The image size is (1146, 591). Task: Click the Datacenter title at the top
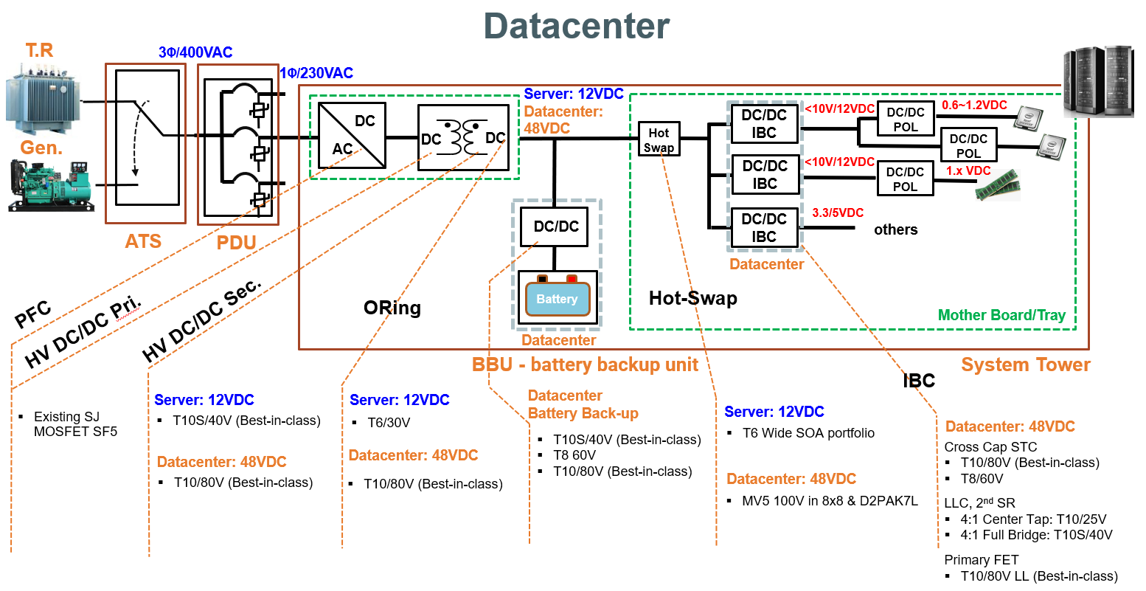[x=576, y=26]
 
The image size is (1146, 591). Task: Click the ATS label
[x=143, y=241]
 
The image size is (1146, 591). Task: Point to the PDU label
[x=236, y=243]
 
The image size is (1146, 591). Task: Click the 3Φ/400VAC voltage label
[x=195, y=52]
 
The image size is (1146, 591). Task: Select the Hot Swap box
[x=659, y=139]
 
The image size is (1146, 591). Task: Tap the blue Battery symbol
[x=557, y=299]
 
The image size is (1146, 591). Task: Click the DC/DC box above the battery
[x=556, y=227]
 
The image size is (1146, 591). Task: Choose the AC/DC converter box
[x=352, y=136]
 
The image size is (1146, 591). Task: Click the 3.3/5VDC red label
[x=838, y=212]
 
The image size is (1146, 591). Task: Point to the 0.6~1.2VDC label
[x=974, y=105]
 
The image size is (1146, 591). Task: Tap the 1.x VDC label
[x=968, y=170]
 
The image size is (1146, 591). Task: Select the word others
[x=895, y=229]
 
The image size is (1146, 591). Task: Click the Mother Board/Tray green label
[x=1001, y=315]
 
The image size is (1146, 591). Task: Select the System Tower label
[x=1025, y=364]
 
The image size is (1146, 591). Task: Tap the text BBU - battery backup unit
[x=585, y=364]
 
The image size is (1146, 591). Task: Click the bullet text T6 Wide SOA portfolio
[x=808, y=433]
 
